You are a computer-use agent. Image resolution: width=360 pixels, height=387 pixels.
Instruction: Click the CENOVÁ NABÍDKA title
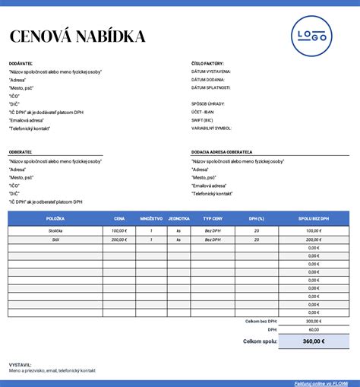(x=77, y=36)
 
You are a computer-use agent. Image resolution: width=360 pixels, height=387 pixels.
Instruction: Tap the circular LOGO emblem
(x=311, y=36)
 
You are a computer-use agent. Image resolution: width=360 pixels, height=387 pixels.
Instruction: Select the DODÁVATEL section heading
(x=21, y=64)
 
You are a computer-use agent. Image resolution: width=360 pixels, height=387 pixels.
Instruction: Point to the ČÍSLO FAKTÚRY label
(x=207, y=64)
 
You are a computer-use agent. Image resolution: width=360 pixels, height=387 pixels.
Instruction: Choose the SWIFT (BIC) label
(x=203, y=120)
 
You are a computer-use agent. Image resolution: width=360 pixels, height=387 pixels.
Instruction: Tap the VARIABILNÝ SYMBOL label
(x=212, y=128)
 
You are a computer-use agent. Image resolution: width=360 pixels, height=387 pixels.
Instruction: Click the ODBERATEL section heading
(x=21, y=152)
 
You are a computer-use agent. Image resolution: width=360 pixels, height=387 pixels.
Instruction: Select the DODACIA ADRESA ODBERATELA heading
(x=222, y=152)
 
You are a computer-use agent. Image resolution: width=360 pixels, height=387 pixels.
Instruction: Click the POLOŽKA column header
(x=55, y=219)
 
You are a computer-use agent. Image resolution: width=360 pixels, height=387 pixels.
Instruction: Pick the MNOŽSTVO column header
(x=151, y=219)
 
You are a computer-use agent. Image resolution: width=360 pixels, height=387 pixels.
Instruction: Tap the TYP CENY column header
(x=213, y=219)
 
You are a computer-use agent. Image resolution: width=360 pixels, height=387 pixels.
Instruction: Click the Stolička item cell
(x=55, y=230)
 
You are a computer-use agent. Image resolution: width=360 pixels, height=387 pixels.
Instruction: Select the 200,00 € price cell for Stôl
(x=119, y=239)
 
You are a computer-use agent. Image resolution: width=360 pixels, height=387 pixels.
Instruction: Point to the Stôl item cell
(x=55, y=239)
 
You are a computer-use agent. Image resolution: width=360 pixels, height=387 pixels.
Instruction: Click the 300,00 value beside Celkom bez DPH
(x=313, y=321)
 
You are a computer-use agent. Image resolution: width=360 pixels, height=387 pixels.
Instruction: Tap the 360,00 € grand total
(x=314, y=341)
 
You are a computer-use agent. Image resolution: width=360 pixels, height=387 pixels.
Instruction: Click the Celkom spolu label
(x=259, y=341)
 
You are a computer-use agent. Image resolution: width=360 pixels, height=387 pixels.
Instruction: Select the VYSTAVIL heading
(x=20, y=363)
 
